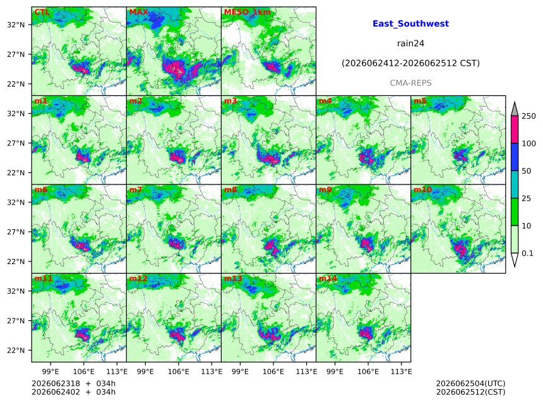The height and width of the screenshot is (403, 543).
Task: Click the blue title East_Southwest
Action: pos(410,23)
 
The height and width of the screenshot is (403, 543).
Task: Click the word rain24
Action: pos(410,44)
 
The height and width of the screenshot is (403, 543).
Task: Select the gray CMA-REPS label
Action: pos(410,83)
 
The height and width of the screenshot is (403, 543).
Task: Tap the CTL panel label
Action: pos(42,12)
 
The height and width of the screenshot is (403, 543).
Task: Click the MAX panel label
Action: pos(138,12)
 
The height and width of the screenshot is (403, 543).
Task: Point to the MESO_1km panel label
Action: pos(248,12)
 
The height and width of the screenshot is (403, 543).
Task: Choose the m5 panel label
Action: pos(420,101)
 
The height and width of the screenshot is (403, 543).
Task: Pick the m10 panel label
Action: pos(422,189)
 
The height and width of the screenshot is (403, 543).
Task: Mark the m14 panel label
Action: pos(328,279)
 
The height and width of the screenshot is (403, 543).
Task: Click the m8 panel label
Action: pos(230,189)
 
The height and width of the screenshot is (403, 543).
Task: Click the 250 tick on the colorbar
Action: pos(528,116)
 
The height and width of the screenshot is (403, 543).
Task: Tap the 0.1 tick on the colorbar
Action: pos(527,253)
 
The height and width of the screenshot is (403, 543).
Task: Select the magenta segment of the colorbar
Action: pos(515,129)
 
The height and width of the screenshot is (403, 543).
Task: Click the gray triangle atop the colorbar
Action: pos(515,109)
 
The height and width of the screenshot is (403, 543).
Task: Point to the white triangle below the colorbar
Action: pos(515,259)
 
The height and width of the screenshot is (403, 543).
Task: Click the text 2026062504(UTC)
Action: pos(470,383)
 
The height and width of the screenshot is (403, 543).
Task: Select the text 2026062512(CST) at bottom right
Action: pos(470,392)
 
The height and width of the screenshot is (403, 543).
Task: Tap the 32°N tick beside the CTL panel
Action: pos(16,25)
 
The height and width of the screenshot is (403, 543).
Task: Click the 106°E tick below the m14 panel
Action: pos(367,371)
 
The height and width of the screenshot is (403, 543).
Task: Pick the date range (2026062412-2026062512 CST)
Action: pos(410,63)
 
